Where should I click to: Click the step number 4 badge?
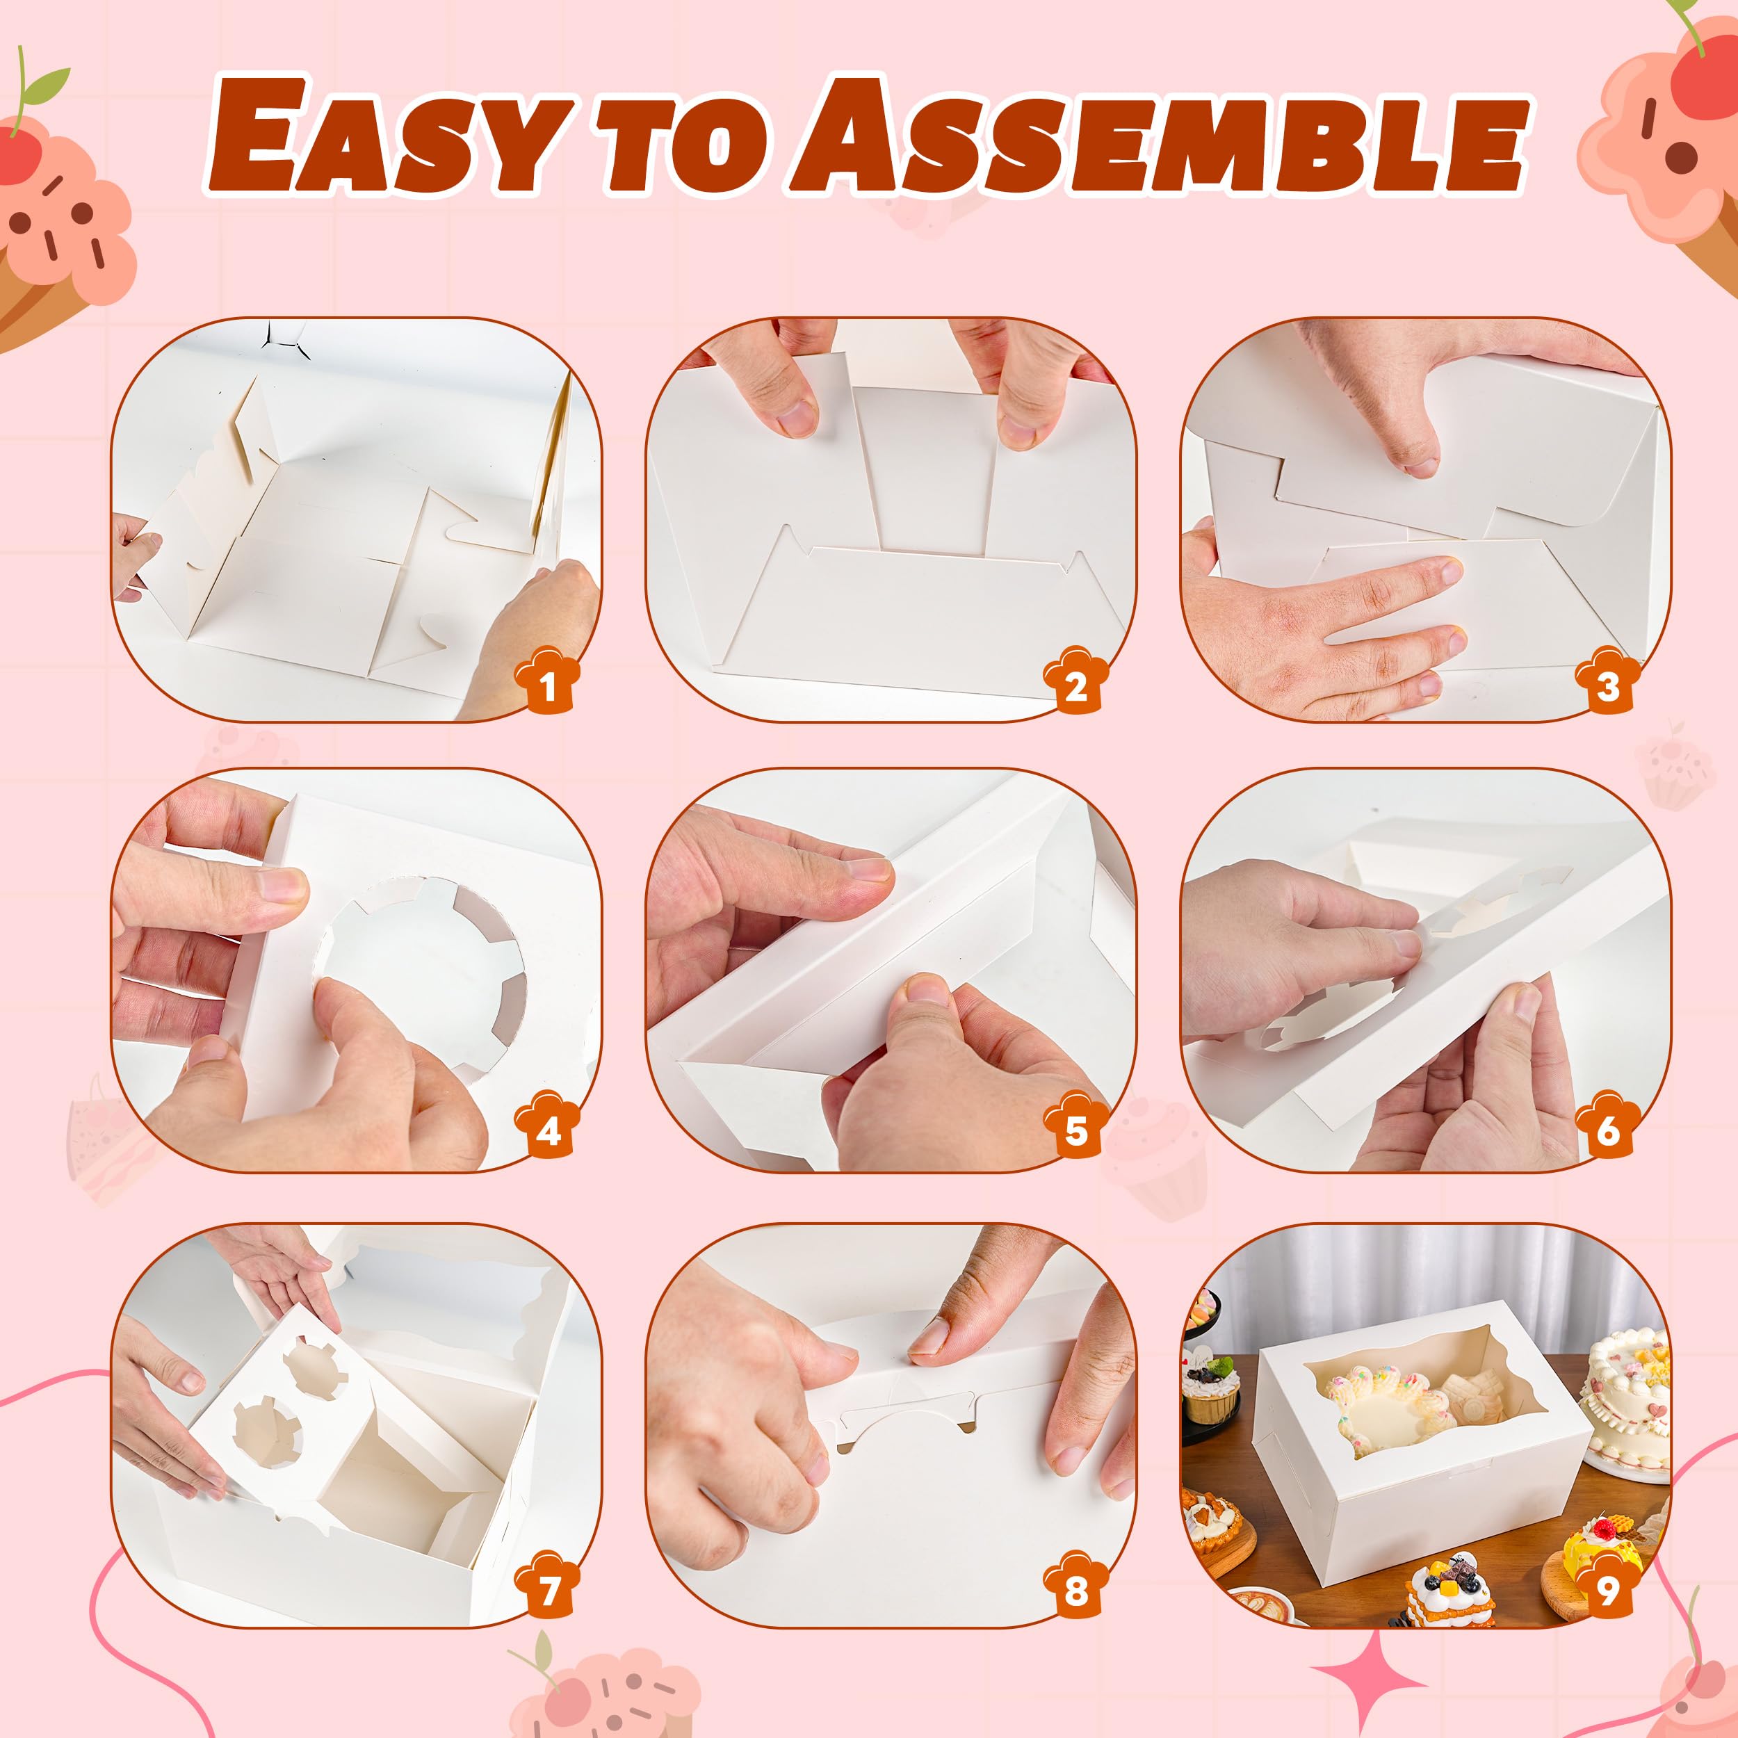547,1126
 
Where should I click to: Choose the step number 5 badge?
1076,1126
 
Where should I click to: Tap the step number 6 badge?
1607,1126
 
